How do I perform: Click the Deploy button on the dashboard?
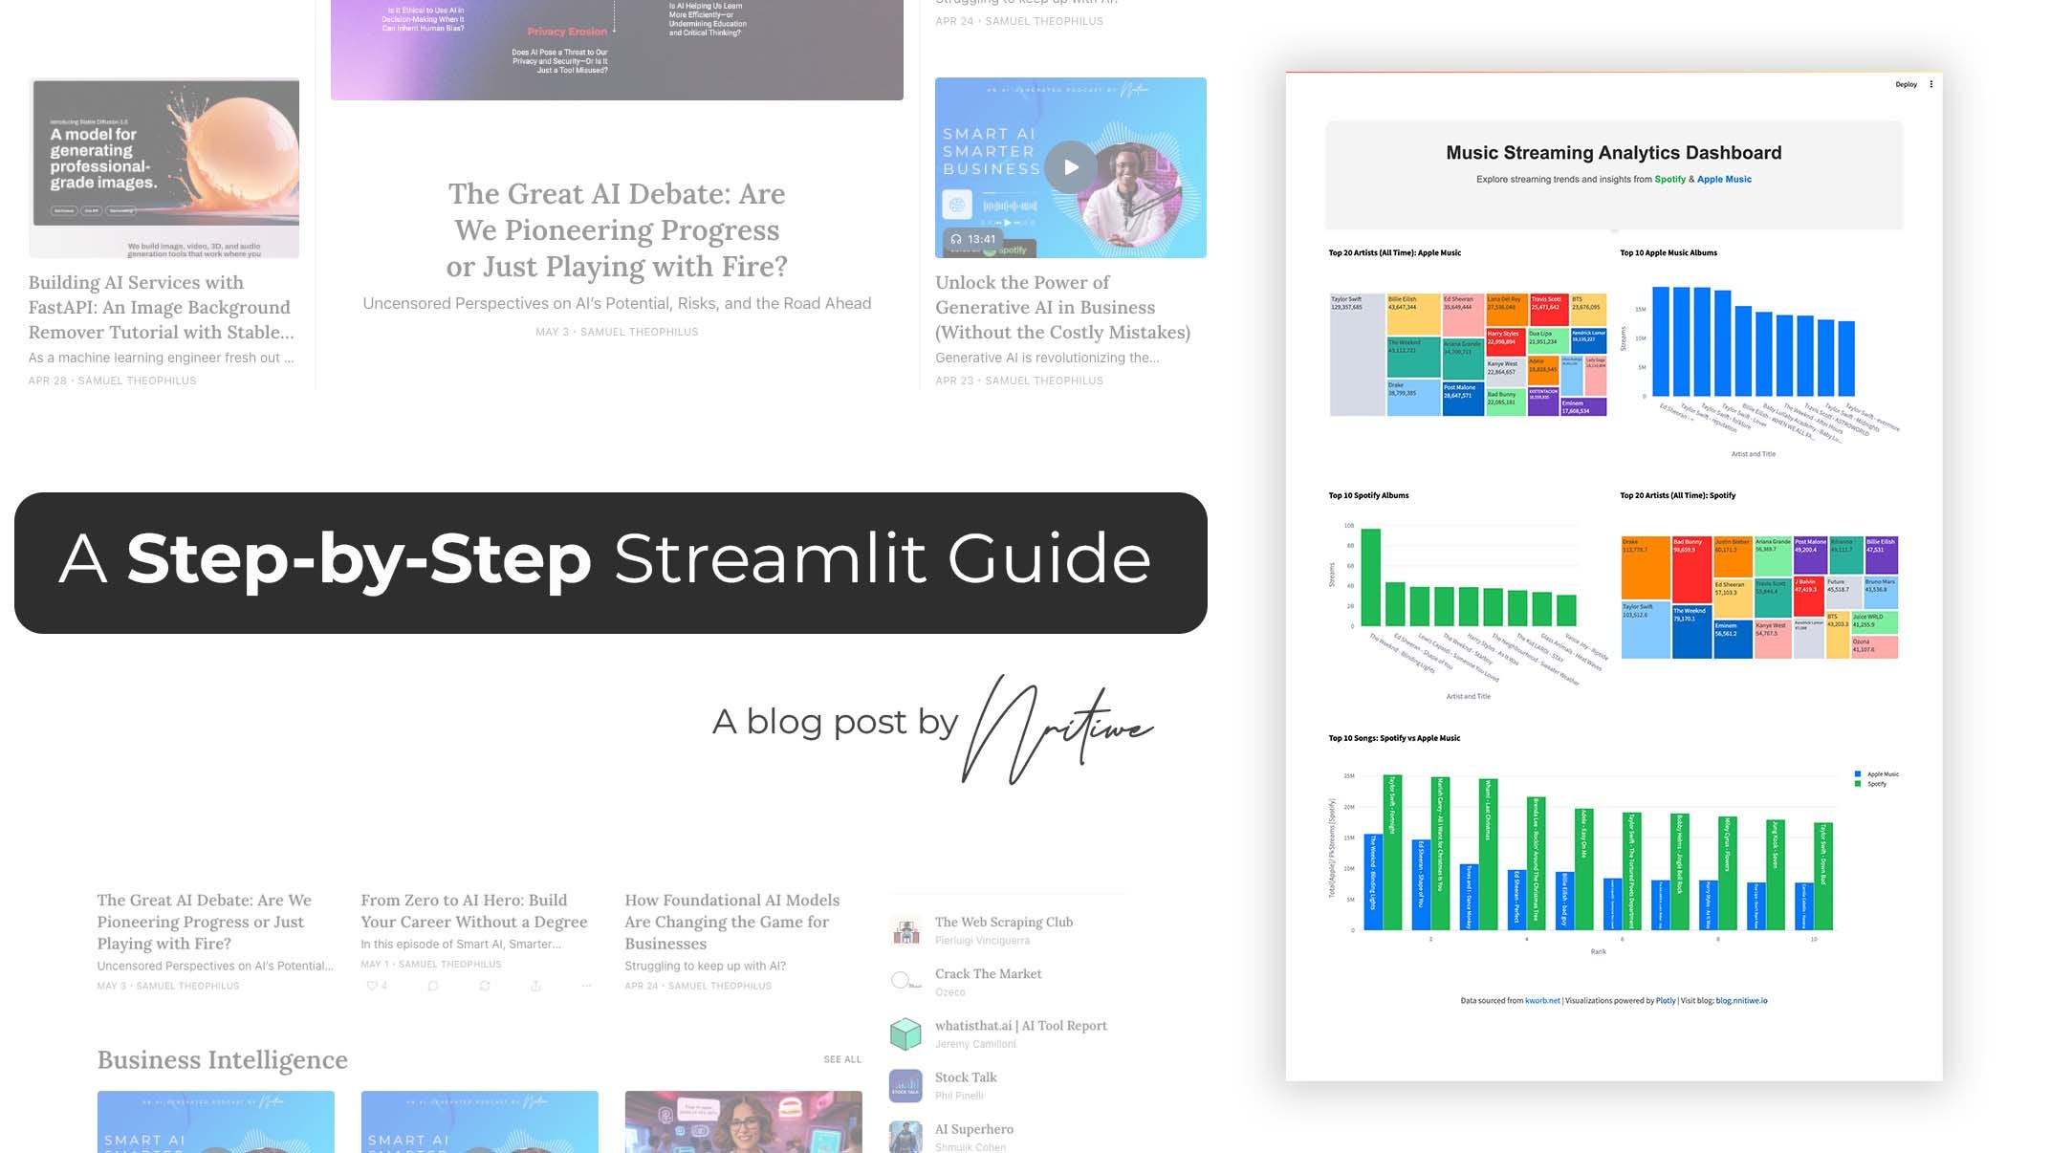coord(1906,84)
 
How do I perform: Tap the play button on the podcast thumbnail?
coord(1070,167)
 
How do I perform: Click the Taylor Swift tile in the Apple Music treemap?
coord(1357,355)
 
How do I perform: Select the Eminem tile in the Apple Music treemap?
coord(1583,407)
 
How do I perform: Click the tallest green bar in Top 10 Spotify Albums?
coord(1370,576)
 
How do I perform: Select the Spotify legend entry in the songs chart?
coord(1876,784)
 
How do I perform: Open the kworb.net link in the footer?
coord(1542,1001)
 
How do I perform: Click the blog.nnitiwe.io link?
coord(1741,1001)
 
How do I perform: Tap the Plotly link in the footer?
coord(1666,1001)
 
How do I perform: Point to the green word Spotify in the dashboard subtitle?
coord(1669,180)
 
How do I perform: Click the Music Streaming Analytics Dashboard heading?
coord(1613,153)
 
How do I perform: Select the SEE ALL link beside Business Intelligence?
coord(841,1059)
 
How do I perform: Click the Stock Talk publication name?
coord(966,1077)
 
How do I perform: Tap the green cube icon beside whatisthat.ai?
coord(905,1033)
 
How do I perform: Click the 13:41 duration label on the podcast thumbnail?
coord(981,239)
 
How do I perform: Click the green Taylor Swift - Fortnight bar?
coord(1393,852)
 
